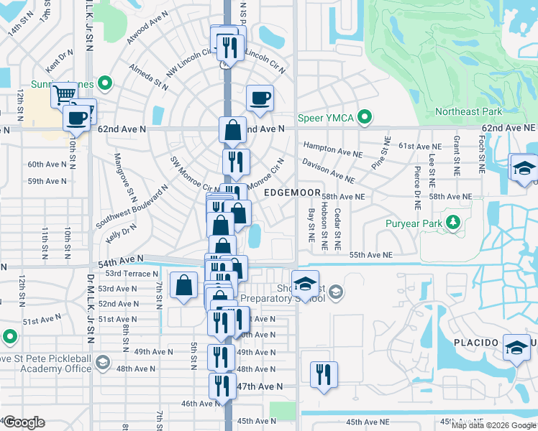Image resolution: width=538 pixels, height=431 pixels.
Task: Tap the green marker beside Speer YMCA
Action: pyautogui.click(x=365, y=116)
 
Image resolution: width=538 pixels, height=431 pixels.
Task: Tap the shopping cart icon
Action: pyautogui.click(x=65, y=94)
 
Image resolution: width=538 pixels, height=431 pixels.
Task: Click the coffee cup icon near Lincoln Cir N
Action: pyautogui.click(x=260, y=98)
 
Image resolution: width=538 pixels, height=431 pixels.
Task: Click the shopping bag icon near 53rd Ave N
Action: pyautogui.click(x=184, y=284)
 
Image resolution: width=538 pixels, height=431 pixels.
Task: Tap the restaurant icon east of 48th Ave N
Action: pyautogui.click(x=323, y=374)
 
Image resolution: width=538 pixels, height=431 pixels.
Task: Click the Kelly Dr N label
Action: pyautogui.click(x=120, y=231)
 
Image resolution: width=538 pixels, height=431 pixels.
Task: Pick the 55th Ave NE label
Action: pyautogui.click(x=371, y=255)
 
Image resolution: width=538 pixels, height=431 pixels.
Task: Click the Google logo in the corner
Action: pyautogui.click(x=24, y=422)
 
